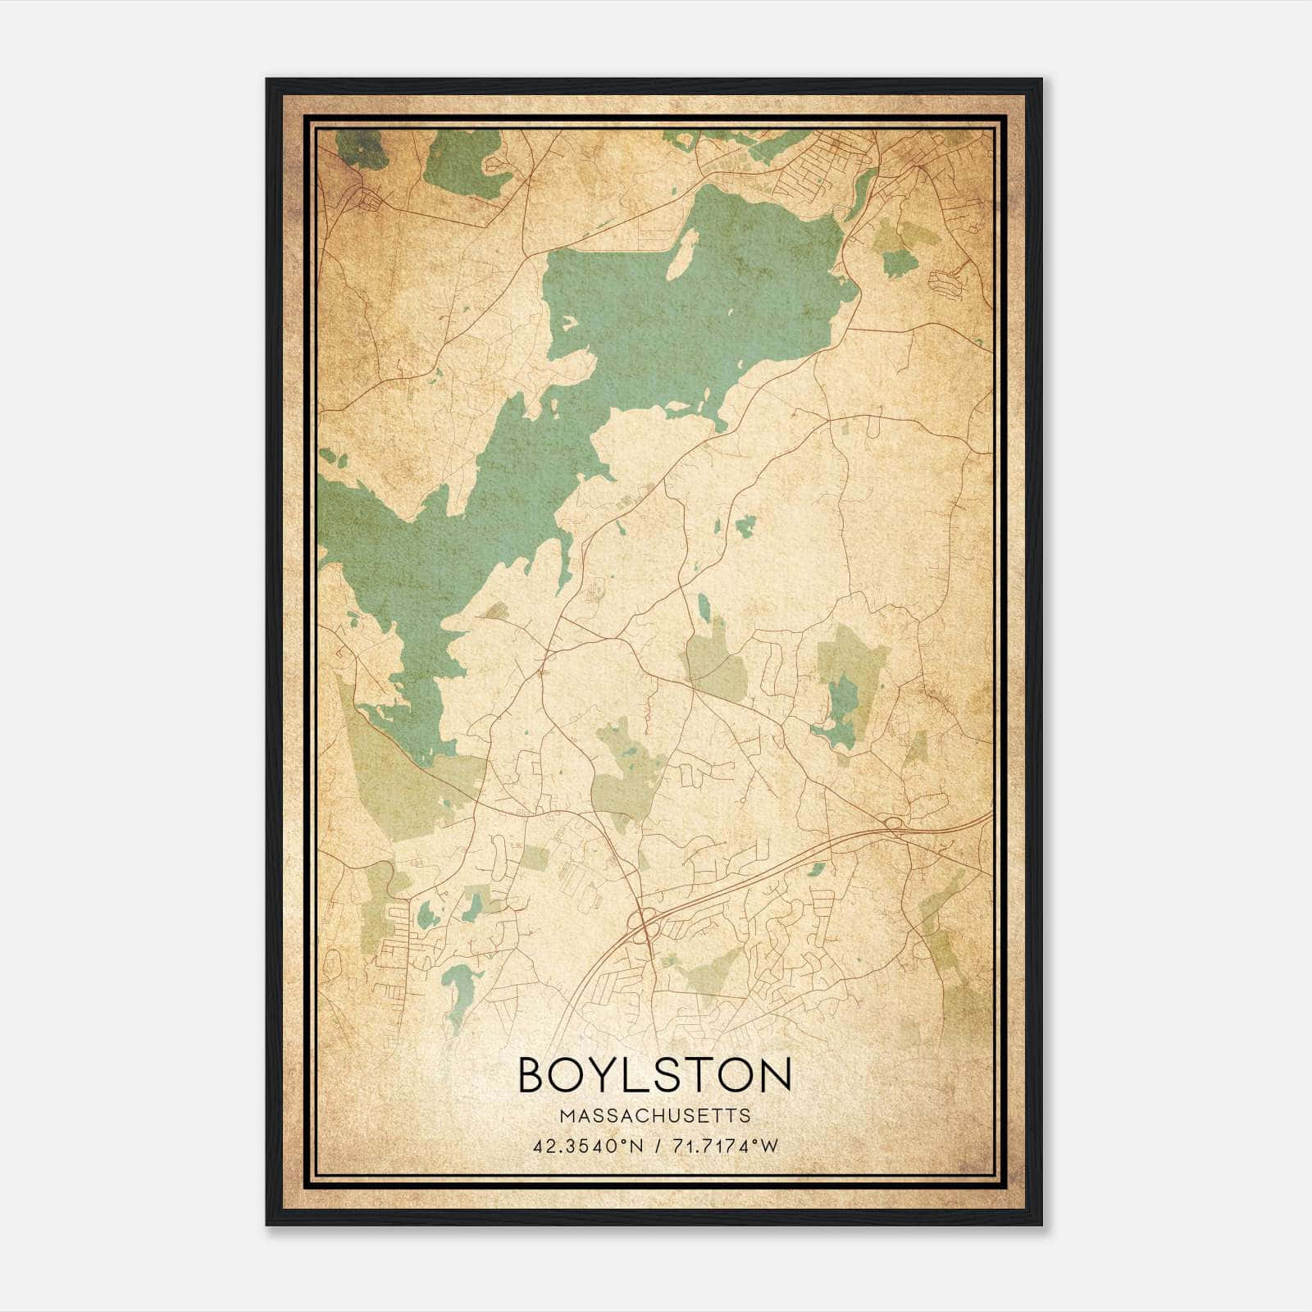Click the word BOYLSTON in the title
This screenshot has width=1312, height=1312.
[x=655, y=1074]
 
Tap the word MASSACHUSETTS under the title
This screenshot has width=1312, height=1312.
[x=655, y=1115]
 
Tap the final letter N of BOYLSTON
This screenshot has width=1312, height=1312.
[x=775, y=1074]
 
